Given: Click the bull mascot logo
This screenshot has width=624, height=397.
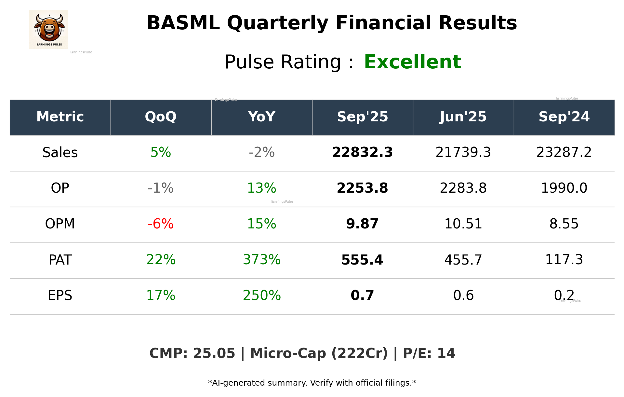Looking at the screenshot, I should pos(49,29).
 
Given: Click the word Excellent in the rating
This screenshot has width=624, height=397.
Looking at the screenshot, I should pos(412,62).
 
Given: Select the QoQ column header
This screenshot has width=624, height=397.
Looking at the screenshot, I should pos(161,117).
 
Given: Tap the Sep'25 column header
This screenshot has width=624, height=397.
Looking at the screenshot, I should pos(362,117).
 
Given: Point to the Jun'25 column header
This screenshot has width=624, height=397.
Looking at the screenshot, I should pos(463,117).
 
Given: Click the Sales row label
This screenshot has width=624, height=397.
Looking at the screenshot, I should pos(60,152).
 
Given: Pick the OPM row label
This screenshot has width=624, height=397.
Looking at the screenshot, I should pos(60,224).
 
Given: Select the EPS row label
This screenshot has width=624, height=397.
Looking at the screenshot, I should pos(60,295).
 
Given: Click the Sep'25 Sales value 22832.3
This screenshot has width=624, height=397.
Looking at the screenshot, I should pos(362,152).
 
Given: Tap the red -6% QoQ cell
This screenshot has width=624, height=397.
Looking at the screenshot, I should pos(161,224).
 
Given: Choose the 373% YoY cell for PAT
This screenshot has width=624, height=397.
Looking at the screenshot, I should pos(261,260).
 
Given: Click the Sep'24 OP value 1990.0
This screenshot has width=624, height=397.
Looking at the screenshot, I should pos(564,188).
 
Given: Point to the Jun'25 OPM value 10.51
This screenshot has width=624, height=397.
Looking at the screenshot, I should pos(463,224).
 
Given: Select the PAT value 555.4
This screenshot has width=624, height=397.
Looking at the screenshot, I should pos(362,260).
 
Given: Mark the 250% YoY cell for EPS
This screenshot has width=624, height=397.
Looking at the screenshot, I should pos(261,295).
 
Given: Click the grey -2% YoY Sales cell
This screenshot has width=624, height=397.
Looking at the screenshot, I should pos(261,152).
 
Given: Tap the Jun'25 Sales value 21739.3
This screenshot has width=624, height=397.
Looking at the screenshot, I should pos(463,152).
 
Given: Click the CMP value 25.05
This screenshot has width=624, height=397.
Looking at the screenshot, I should pos(214,353).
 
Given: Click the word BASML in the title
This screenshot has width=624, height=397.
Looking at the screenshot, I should pos(183,23).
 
